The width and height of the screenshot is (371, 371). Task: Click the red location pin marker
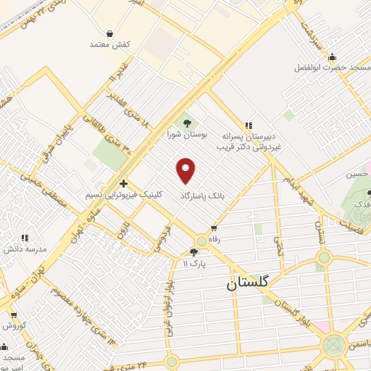click(x=187, y=170)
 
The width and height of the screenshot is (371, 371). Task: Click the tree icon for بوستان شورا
click(x=187, y=123)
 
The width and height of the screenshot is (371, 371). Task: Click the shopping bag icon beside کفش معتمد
click(x=109, y=33)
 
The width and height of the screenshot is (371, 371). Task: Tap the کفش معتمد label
click(x=109, y=45)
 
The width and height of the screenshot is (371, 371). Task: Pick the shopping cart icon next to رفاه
click(x=213, y=227)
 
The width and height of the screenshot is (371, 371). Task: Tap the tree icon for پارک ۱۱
click(x=193, y=252)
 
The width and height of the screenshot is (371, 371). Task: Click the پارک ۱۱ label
click(x=193, y=264)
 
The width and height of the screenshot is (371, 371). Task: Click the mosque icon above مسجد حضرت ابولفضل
click(x=333, y=57)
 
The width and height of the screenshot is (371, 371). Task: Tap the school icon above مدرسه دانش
click(x=24, y=237)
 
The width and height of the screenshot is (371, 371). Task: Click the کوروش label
click(x=14, y=325)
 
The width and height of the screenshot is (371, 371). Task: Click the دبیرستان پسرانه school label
click(x=262, y=136)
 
